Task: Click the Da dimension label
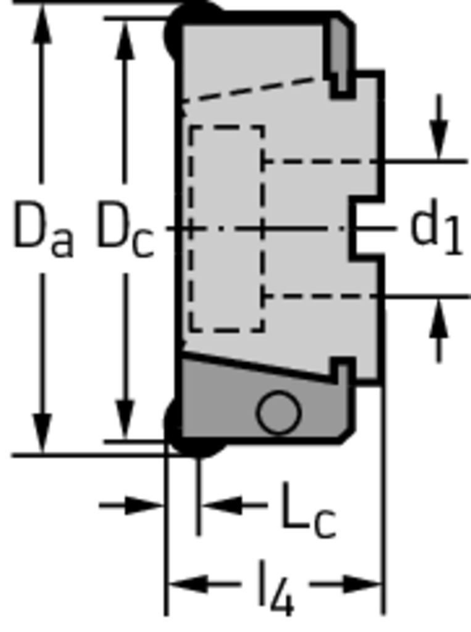[44, 229]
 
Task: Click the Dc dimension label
[126, 229]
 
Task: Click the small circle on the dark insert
[278, 412]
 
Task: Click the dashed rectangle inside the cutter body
[227, 229]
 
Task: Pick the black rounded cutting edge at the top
[194, 27]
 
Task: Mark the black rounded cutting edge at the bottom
[194, 429]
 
